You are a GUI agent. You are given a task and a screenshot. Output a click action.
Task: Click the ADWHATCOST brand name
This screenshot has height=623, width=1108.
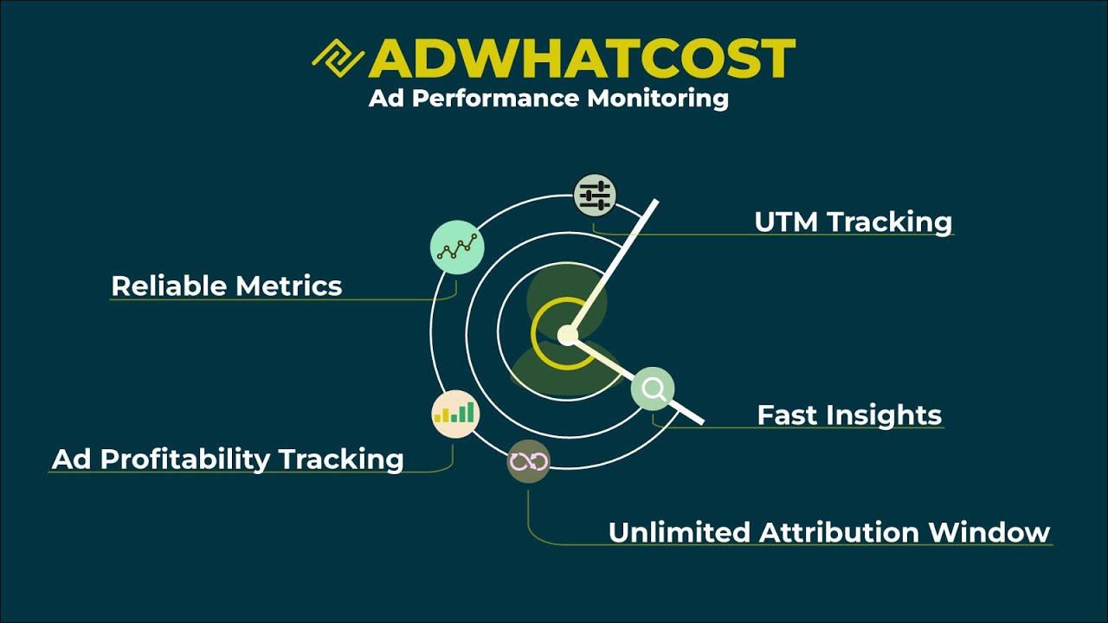pos(582,59)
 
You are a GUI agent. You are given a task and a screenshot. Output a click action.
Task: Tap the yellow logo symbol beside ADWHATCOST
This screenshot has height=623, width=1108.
pos(338,59)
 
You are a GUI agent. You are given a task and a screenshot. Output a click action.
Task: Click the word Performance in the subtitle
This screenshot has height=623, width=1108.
pos(495,98)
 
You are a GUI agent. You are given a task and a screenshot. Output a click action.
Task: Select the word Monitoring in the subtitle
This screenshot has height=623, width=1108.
pos(658,98)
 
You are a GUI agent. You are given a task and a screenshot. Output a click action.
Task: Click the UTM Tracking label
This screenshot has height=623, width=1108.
pos(853,222)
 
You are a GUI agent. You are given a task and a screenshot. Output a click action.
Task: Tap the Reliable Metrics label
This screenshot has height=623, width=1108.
pos(227,286)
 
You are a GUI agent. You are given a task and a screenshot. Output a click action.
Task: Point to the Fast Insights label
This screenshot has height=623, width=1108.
pos(849,414)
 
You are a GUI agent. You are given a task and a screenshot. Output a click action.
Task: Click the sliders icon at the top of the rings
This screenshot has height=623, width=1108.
pos(595,195)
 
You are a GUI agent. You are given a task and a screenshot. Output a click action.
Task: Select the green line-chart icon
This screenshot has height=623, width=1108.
pos(456,247)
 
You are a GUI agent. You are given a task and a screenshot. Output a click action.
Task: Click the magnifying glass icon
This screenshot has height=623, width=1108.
pos(653,389)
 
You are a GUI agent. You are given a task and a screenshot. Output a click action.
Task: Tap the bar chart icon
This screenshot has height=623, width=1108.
pos(455,414)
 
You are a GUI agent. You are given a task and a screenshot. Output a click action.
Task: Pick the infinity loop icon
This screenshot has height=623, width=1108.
pos(528,461)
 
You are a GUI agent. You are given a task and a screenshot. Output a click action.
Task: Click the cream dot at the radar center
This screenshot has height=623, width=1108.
pos(567,335)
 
